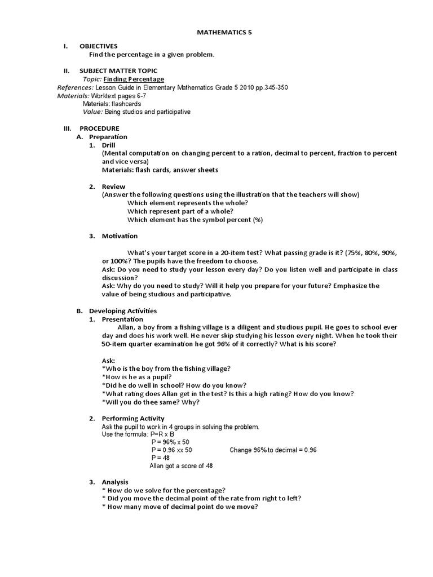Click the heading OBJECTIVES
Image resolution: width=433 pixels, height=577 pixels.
point(99,46)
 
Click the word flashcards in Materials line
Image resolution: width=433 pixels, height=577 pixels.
point(126,104)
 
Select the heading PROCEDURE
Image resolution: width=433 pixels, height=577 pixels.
point(99,128)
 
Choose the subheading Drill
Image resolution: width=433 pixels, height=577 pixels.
point(108,145)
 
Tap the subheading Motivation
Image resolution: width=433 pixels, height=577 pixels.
point(120,236)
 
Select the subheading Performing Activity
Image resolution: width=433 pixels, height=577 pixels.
point(133,418)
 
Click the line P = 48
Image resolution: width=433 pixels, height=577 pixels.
point(160,458)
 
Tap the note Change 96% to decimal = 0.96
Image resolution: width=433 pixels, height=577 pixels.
point(273,450)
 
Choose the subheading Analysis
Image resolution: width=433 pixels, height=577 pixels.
point(115,482)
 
